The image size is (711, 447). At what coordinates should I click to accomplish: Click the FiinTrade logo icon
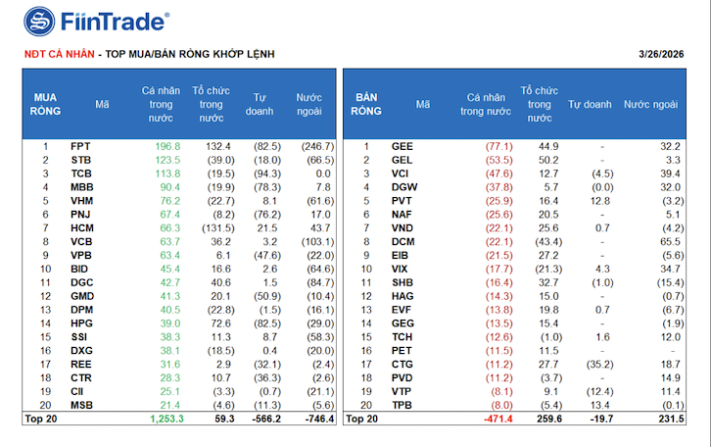[39, 21]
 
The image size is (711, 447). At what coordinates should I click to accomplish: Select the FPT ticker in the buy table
[80, 146]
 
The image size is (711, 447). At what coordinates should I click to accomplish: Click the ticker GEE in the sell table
[403, 146]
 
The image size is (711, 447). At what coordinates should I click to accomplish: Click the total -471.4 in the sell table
[497, 419]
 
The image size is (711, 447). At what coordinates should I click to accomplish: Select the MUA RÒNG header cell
[46, 104]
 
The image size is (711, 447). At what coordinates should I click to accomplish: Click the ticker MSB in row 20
[82, 404]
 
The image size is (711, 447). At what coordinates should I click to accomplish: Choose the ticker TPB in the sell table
[402, 404]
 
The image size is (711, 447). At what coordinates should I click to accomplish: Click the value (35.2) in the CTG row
[592, 363]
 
